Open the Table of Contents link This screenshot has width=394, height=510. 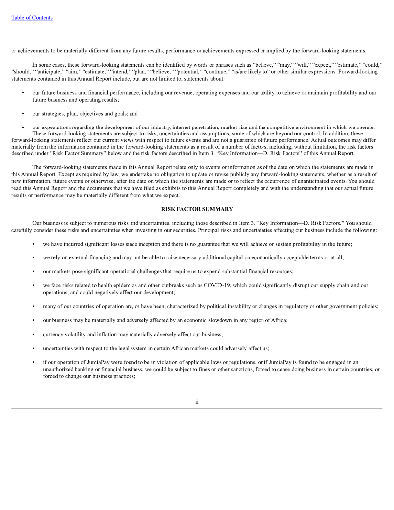tap(32, 18)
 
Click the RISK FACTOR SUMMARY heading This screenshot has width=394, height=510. tap(197, 209)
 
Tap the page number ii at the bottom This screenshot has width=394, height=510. tap(197, 402)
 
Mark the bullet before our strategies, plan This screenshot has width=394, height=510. tap(22, 114)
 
